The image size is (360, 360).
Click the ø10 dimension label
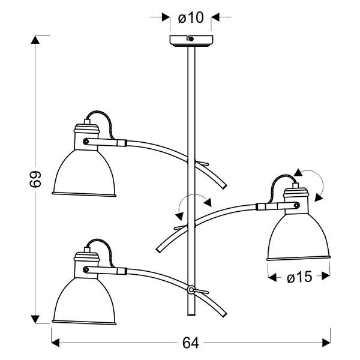[191, 18]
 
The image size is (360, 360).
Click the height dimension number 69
[35, 181]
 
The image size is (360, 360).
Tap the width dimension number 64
[190, 343]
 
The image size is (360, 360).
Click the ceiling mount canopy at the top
[190, 40]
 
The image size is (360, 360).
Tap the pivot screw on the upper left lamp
[86, 142]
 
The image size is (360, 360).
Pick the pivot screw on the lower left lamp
[87, 268]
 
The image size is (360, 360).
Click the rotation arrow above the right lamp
[311, 181]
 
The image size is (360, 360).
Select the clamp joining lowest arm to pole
[191, 290]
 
